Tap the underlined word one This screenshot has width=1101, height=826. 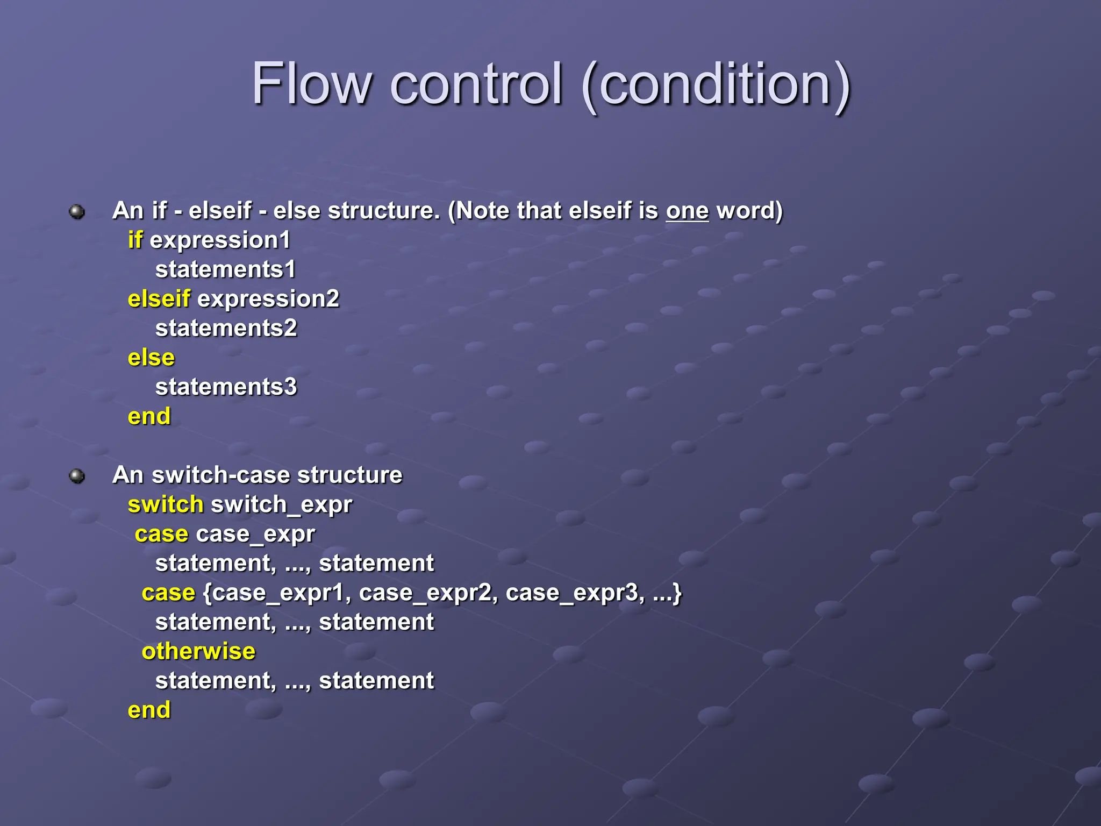(x=687, y=210)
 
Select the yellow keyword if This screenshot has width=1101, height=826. (x=135, y=240)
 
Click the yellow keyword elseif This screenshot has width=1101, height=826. (x=159, y=298)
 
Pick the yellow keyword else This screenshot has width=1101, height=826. (x=151, y=358)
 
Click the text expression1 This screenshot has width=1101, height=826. (x=220, y=240)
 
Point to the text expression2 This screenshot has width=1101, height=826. (x=268, y=299)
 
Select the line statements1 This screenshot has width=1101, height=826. (x=225, y=269)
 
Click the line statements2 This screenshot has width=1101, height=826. (x=226, y=328)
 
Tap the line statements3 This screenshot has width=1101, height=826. (x=226, y=387)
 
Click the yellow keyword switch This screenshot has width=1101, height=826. (x=166, y=504)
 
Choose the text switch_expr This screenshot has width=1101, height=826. (x=281, y=505)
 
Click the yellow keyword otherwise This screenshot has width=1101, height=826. (x=198, y=651)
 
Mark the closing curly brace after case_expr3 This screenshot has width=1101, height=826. (x=677, y=593)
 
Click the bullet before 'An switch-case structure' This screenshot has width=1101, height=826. (x=77, y=476)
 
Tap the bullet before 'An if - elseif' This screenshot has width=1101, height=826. (x=77, y=211)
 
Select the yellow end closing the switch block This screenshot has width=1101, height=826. (x=149, y=710)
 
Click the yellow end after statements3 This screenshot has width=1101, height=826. (x=149, y=416)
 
